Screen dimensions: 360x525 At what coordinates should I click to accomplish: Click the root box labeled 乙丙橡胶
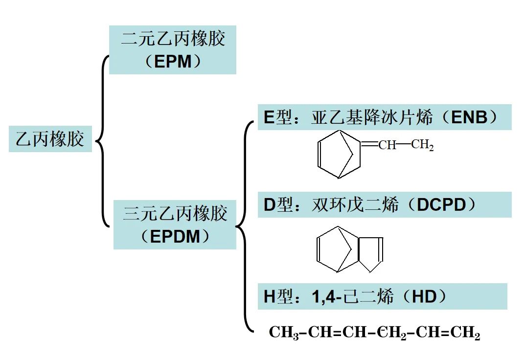tap(50, 139)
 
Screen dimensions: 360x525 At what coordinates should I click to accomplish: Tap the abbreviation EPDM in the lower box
tap(175, 237)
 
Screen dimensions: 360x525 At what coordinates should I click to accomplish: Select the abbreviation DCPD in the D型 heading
tap(441, 205)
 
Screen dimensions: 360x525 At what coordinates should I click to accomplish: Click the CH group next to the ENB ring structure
tap(387, 145)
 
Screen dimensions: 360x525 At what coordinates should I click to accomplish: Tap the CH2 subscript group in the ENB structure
tap(422, 145)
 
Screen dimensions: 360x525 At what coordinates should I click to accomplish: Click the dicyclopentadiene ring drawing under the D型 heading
tap(349, 249)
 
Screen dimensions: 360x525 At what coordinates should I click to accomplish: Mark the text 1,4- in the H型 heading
tap(325, 297)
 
